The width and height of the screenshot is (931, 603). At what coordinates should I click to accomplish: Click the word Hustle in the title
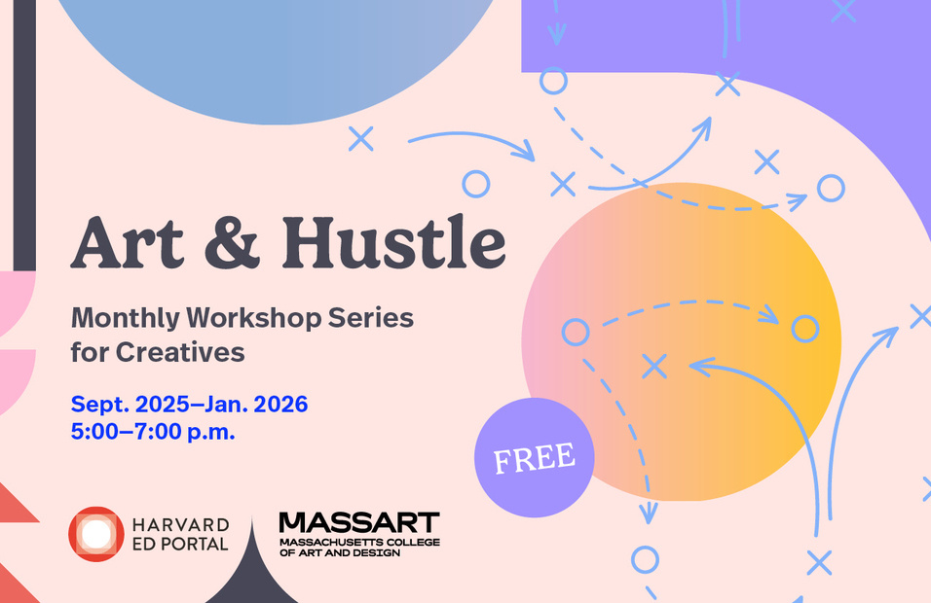393,242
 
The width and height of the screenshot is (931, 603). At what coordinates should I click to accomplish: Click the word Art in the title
127,243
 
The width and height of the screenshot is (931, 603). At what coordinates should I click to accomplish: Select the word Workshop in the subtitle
254,318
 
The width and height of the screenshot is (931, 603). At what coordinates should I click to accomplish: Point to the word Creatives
180,352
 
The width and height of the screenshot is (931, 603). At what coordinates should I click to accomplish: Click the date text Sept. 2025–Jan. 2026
189,405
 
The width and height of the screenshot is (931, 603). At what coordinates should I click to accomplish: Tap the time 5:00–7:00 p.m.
153,432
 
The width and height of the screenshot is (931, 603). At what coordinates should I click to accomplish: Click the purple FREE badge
535,457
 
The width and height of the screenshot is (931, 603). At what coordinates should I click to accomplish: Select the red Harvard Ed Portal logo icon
96,534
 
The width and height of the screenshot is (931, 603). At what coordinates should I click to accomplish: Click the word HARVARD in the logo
180,525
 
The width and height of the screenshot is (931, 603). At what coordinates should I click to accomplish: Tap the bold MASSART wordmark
359,523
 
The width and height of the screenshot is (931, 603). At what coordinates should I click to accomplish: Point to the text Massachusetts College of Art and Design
359,548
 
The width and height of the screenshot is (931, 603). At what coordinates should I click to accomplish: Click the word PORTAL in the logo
194,544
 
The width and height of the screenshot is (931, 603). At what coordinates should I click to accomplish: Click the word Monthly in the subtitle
126,318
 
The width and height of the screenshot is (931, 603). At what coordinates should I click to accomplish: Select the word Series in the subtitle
371,318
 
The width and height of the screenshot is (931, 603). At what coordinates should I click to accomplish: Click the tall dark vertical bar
24,135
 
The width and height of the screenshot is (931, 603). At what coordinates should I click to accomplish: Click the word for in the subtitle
91,352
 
